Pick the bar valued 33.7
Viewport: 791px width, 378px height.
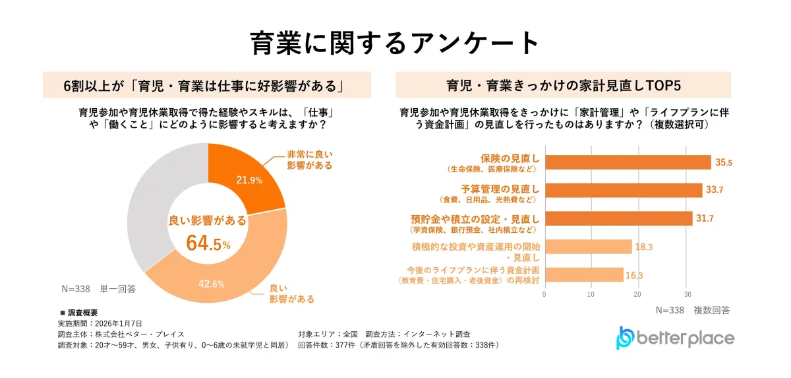[624, 190]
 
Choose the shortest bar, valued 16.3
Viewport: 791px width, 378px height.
[583, 274]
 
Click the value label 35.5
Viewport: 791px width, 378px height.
[724, 162]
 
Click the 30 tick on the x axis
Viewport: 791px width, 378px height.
[688, 294]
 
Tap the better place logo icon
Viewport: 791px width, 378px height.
[624, 337]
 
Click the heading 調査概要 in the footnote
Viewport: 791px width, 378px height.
[82, 313]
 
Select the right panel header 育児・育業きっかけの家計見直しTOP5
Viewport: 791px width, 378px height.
[563, 85]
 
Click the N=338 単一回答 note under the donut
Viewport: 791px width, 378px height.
[98, 289]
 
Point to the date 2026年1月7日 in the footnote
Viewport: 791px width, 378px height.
[119, 323]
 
